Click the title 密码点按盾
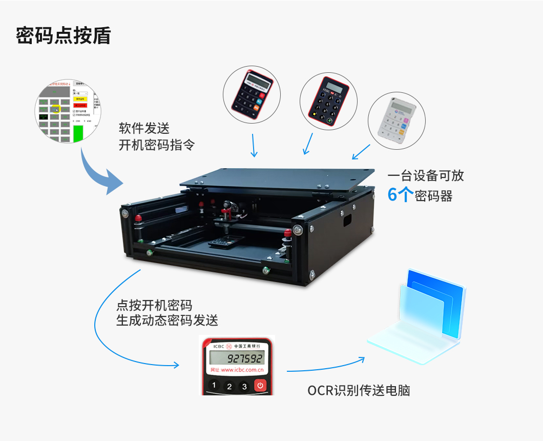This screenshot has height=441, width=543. coord(63,36)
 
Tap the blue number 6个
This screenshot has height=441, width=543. coord(398,195)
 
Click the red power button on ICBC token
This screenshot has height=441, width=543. coord(260,386)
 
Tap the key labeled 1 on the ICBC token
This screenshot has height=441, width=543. coord(214,386)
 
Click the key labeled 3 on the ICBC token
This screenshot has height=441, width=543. coord(244,386)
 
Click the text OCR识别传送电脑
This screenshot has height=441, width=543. coord(359,391)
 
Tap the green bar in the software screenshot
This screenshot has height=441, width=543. coord(78,132)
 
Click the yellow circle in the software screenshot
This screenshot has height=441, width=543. coord(56,109)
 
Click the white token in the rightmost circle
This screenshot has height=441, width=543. coord(396,117)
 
